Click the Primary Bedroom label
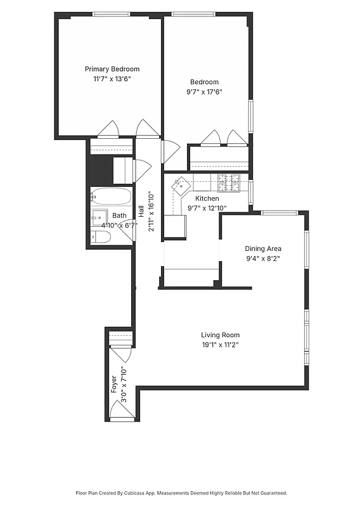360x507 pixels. (x=112, y=69)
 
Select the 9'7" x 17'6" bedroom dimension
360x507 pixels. (x=204, y=91)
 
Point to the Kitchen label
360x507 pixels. (x=207, y=198)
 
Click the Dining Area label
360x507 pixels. (x=263, y=248)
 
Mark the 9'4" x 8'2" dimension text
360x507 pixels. (x=263, y=259)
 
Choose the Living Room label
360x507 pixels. (x=220, y=335)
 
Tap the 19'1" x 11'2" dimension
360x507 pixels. (x=220, y=345)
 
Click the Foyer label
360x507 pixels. (x=114, y=385)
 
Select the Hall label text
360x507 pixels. (x=141, y=210)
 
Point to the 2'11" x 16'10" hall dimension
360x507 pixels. (x=151, y=210)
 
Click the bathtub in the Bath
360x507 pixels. (x=111, y=196)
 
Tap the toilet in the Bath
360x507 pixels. (x=101, y=237)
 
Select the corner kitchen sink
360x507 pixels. (x=182, y=184)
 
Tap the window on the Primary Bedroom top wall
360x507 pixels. (x=112, y=14)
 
